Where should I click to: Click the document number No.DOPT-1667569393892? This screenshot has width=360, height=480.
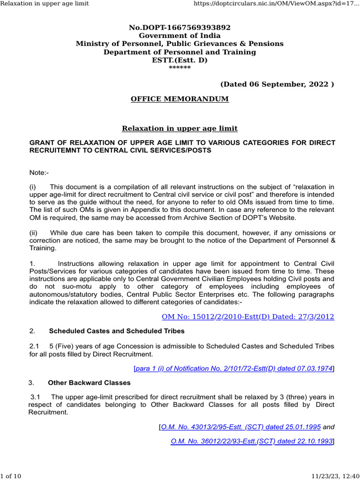[x=180, y=28]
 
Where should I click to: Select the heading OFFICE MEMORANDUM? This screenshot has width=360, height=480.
[x=180, y=99]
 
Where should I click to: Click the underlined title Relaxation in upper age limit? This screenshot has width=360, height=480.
[x=180, y=128]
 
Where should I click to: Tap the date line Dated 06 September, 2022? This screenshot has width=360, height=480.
[x=277, y=84]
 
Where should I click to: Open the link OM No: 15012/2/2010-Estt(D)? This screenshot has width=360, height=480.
[x=248, y=316]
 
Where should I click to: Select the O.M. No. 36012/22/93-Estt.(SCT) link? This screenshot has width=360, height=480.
[x=252, y=441]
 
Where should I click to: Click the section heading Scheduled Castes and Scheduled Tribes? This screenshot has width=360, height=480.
[x=117, y=331]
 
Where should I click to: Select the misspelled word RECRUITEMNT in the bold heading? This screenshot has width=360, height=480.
[x=56, y=150]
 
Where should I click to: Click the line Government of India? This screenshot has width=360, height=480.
[x=180, y=36]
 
